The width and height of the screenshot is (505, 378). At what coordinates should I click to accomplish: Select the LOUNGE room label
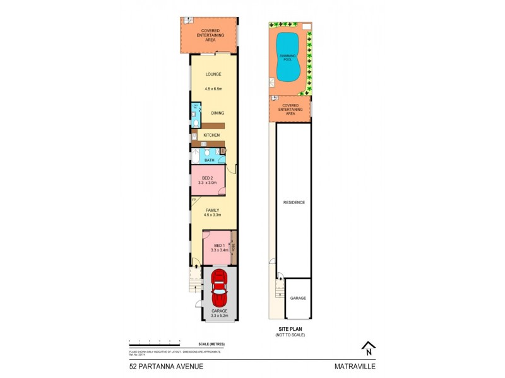click(x=213, y=74)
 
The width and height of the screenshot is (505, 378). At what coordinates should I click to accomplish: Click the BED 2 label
click(x=208, y=178)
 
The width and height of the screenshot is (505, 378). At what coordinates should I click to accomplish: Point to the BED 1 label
click(x=218, y=245)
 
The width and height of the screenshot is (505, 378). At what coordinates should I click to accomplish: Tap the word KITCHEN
click(x=211, y=135)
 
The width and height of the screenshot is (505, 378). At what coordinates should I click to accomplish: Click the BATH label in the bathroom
click(x=209, y=160)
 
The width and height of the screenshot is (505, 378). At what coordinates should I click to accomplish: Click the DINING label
click(x=218, y=113)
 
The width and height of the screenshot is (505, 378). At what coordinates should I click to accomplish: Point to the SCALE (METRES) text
click(x=211, y=343)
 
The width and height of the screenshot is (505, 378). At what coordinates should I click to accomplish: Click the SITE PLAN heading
click(x=290, y=329)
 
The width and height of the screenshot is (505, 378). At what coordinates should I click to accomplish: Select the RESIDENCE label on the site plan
click(x=294, y=202)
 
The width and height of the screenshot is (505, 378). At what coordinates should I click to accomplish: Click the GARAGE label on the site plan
click(x=298, y=298)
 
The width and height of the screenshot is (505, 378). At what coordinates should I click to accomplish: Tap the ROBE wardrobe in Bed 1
click(x=232, y=247)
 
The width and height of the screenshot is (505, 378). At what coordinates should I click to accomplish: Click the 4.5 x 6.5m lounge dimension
click(x=213, y=89)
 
